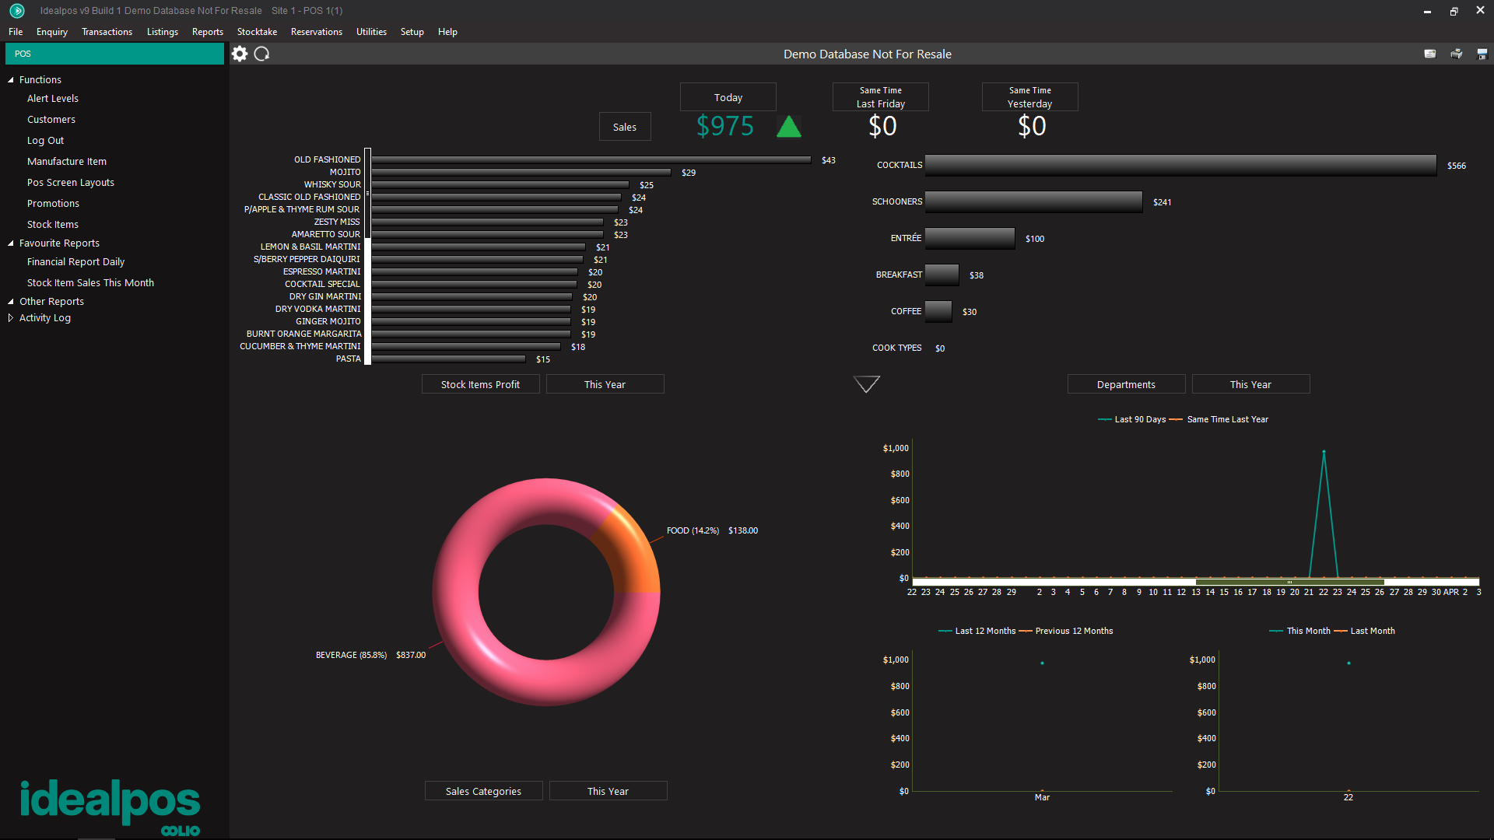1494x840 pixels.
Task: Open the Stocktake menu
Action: (x=257, y=32)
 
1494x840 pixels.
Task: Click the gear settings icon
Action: (x=240, y=54)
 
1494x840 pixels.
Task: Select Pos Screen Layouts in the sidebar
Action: (x=70, y=182)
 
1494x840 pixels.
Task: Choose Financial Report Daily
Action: (x=75, y=262)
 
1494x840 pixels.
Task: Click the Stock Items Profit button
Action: (x=480, y=384)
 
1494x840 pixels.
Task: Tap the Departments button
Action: (x=1126, y=384)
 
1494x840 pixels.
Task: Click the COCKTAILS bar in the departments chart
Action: (x=1180, y=165)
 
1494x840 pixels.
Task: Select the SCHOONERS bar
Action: (x=1033, y=201)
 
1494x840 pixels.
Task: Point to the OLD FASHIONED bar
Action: (x=591, y=159)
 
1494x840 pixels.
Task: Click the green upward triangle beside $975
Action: (x=789, y=127)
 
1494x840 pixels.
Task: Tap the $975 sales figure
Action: (x=724, y=126)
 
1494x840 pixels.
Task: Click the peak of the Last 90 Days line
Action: (x=1324, y=452)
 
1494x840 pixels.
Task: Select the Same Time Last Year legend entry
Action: (x=1227, y=419)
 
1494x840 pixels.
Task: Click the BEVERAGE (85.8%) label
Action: (x=351, y=655)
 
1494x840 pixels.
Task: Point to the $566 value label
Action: (x=1456, y=166)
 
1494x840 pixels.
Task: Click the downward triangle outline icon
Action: (x=867, y=383)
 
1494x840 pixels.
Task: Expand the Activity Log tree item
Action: (x=11, y=317)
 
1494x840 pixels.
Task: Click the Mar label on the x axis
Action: (x=1042, y=797)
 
